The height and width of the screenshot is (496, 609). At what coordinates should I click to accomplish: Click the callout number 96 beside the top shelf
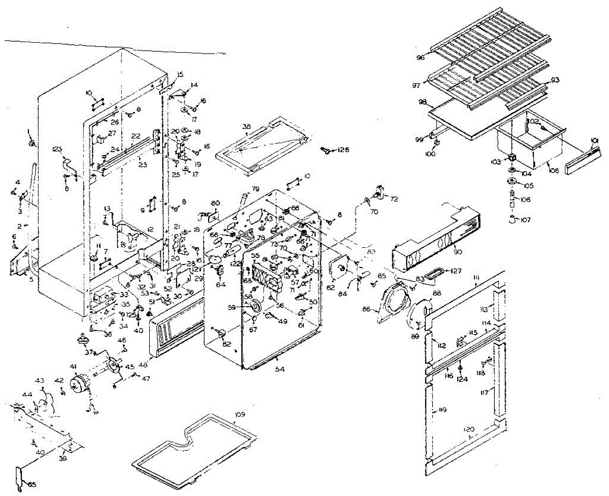[420, 57]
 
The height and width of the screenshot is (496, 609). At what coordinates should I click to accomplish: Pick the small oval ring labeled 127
[432, 274]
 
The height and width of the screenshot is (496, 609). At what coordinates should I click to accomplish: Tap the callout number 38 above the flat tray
[247, 126]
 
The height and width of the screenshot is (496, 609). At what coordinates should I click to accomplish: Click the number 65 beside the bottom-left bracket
[32, 484]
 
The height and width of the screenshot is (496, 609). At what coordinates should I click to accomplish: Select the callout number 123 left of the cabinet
[57, 149]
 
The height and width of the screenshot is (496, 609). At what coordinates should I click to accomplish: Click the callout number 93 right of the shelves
[555, 80]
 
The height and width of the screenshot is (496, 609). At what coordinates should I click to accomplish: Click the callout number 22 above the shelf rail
[136, 136]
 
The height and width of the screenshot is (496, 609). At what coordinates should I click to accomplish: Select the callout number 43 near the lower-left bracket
[40, 381]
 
